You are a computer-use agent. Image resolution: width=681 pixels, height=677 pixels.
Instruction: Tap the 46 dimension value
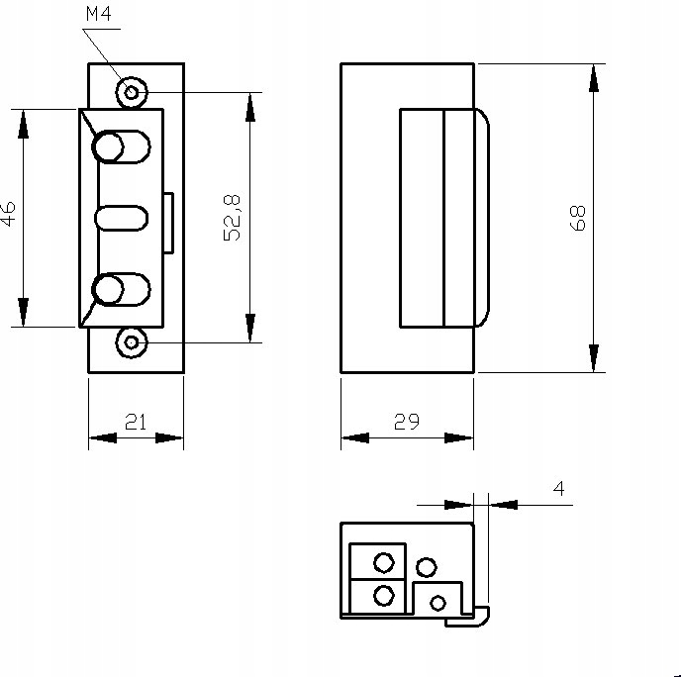point(9,215)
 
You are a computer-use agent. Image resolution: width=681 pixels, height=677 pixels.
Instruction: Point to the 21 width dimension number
point(136,422)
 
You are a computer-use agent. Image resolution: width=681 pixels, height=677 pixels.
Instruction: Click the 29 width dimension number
point(406,422)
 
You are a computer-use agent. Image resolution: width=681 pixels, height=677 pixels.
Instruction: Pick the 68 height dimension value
point(579,218)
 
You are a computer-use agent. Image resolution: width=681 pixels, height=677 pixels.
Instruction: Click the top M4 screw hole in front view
point(131,93)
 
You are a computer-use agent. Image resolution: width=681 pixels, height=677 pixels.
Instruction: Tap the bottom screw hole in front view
point(131,342)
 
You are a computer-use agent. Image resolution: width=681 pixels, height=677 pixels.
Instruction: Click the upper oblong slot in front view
point(121,146)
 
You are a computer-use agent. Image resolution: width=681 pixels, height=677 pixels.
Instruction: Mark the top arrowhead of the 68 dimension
point(593,77)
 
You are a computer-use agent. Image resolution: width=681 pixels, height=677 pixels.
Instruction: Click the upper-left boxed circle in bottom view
point(384,562)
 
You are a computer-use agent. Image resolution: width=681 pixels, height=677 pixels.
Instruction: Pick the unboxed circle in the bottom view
point(426,567)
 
